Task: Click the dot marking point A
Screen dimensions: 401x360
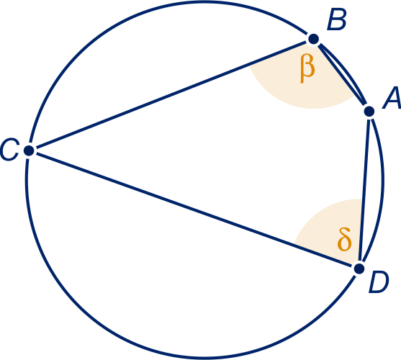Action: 369,112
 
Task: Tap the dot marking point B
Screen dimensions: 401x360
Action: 314,39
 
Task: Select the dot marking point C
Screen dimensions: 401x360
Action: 29,150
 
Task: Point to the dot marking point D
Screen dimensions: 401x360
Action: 359,269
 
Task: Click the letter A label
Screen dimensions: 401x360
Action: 392,98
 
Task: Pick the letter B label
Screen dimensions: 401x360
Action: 337,19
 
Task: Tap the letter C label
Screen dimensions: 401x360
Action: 9,150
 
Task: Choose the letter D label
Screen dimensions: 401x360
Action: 379,282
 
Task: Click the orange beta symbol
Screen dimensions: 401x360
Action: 307,70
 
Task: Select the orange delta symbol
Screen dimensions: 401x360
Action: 344,239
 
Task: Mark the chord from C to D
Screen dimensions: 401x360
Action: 194,210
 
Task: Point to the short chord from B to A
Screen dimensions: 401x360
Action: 341,75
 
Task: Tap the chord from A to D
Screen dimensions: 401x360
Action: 364,190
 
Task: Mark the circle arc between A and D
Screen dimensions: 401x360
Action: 382,189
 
